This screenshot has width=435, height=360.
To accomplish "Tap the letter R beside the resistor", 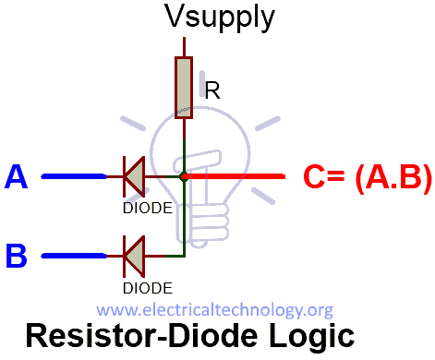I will coord(211,91).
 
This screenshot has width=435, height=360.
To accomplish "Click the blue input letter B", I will coord(17,255).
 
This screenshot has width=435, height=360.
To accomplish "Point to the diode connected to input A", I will coord(135,175).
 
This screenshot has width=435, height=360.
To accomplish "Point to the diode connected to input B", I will coord(135,254).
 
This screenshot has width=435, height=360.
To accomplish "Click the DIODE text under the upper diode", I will coord(147,208).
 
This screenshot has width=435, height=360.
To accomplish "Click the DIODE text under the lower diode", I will coord(147,287).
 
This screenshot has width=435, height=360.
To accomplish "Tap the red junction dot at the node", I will coord(185,175).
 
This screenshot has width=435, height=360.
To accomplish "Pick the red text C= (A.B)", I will coord(367,176).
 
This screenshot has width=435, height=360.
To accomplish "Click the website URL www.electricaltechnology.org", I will coord(214,310).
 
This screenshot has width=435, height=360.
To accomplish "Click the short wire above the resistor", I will coord(185,46).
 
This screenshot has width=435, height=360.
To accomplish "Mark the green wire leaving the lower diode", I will coord(171,254).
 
